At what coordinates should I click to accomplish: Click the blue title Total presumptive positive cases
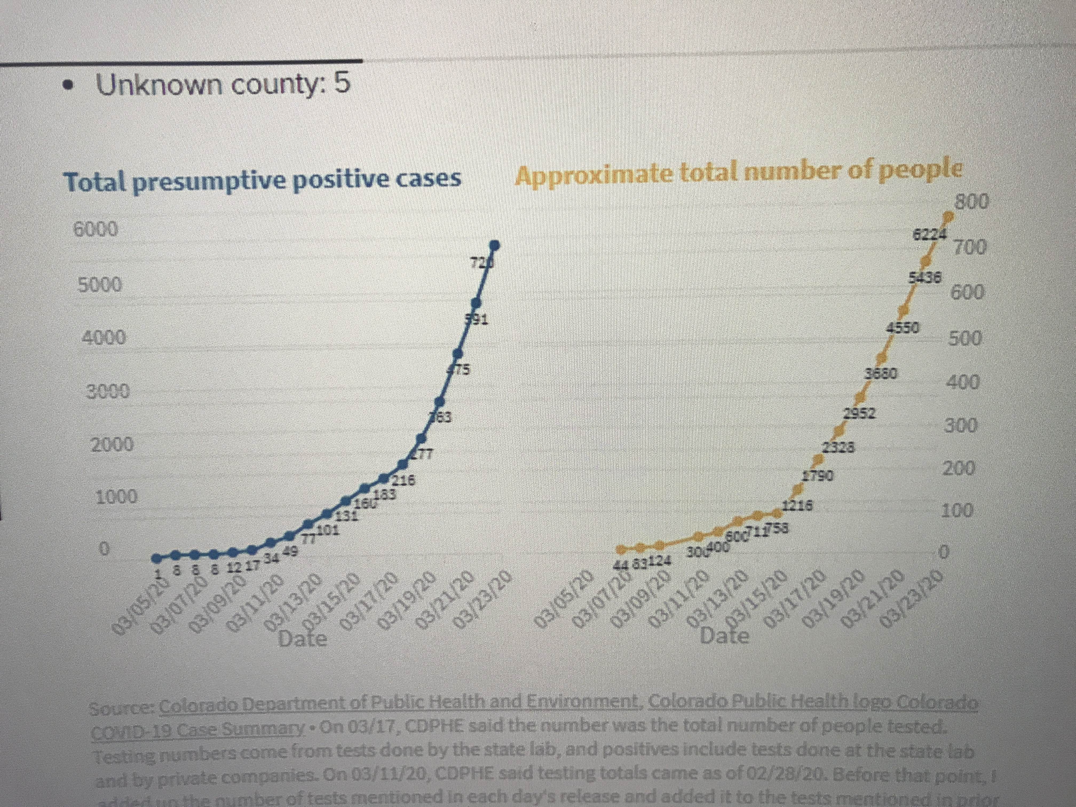pyautogui.click(x=263, y=181)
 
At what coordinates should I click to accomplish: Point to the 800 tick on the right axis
pyautogui.click(x=971, y=201)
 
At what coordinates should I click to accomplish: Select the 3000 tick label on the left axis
pyautogui.click(x=106, y=391)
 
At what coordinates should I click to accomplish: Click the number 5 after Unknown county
pyautogui.click(x=342, y=84)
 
